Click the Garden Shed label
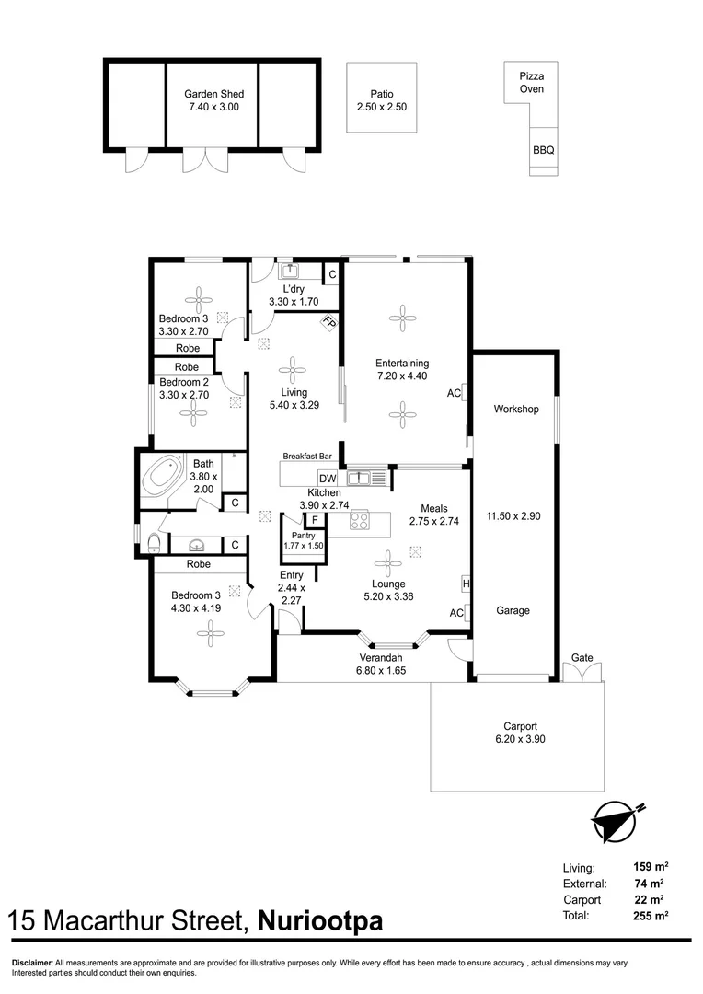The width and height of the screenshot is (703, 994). (213, 94)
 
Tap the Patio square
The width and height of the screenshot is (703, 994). (381, 99)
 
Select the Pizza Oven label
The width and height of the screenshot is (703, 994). (531, 83)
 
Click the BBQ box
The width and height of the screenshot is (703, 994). (543, 150)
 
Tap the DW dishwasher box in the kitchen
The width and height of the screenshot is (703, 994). (327, 478)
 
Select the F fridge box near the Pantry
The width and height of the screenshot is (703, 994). (315, 520)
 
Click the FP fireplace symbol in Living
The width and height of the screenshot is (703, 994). (328, 323)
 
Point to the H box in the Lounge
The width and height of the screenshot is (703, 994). (467, 584)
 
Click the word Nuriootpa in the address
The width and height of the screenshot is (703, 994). (319, 921)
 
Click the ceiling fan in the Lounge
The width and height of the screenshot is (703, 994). (387, 562)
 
